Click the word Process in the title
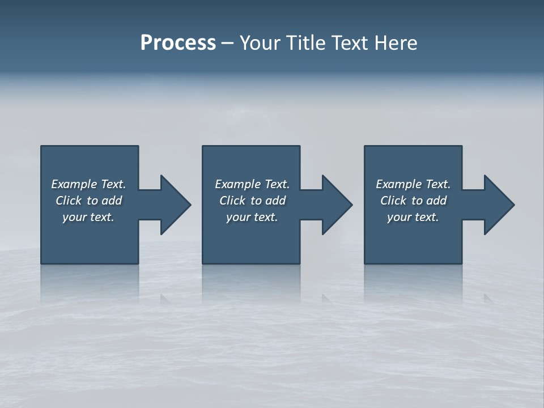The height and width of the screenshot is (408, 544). tap(178, 43)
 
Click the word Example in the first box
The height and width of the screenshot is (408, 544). tap(74, 184)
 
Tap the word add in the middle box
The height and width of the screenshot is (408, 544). tap(275, 201)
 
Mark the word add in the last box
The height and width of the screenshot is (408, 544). tap(436, 201)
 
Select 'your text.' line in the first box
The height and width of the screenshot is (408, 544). tap(88, 217)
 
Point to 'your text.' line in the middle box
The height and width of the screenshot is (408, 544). tap(252, 217)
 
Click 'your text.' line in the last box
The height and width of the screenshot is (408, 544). tap(413, 217)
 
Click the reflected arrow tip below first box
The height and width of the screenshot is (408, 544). tap(164, 297)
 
